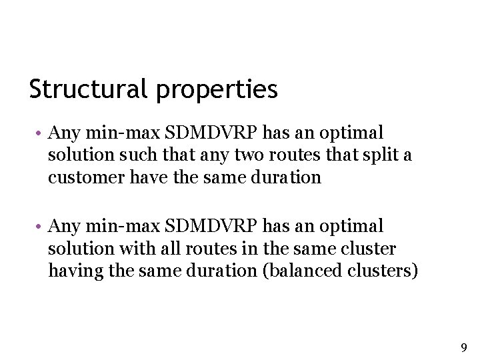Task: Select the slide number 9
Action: pyautogui.click(x=464, y=347)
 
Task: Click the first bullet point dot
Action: pyautogui.click(x=40, y=133)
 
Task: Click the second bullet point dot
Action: pyautogui.click(x=40, y=227)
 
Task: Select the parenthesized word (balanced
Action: pyautogui.click(x=306, y=271)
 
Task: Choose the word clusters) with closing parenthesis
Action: pyautogui.click(x=383, y=271)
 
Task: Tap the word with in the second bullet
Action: pyautogui.click(x=135, y=249)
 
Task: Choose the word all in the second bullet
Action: pyautogui.click(x=164, y=249)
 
